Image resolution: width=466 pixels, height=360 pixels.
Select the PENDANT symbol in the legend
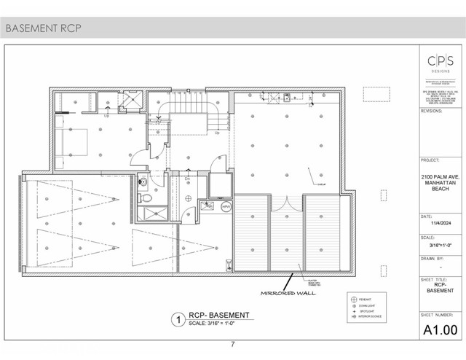pyautogui.click(x=354, y=300)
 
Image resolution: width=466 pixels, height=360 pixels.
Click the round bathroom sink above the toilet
pyautogui.click(x=143, y=181)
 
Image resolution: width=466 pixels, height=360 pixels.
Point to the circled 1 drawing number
pyautogui.click(x=176, y=318)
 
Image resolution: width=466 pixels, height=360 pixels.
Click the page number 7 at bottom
pyautogui.click(x=232, y=344)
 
